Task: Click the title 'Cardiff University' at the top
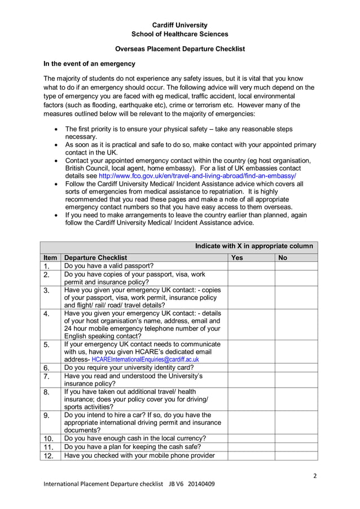179,25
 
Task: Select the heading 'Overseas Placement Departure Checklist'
179,49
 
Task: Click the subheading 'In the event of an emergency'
90,64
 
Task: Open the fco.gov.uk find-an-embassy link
197,175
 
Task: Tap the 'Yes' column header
237,257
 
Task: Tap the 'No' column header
283,257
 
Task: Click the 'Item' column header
50,257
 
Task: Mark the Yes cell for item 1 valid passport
251,266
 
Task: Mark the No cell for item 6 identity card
296,367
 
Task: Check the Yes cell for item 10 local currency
251,438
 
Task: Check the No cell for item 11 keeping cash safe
296,447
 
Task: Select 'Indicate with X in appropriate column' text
254,246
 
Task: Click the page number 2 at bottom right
315,475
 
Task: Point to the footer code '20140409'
201,484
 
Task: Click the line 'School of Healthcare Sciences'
179,34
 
